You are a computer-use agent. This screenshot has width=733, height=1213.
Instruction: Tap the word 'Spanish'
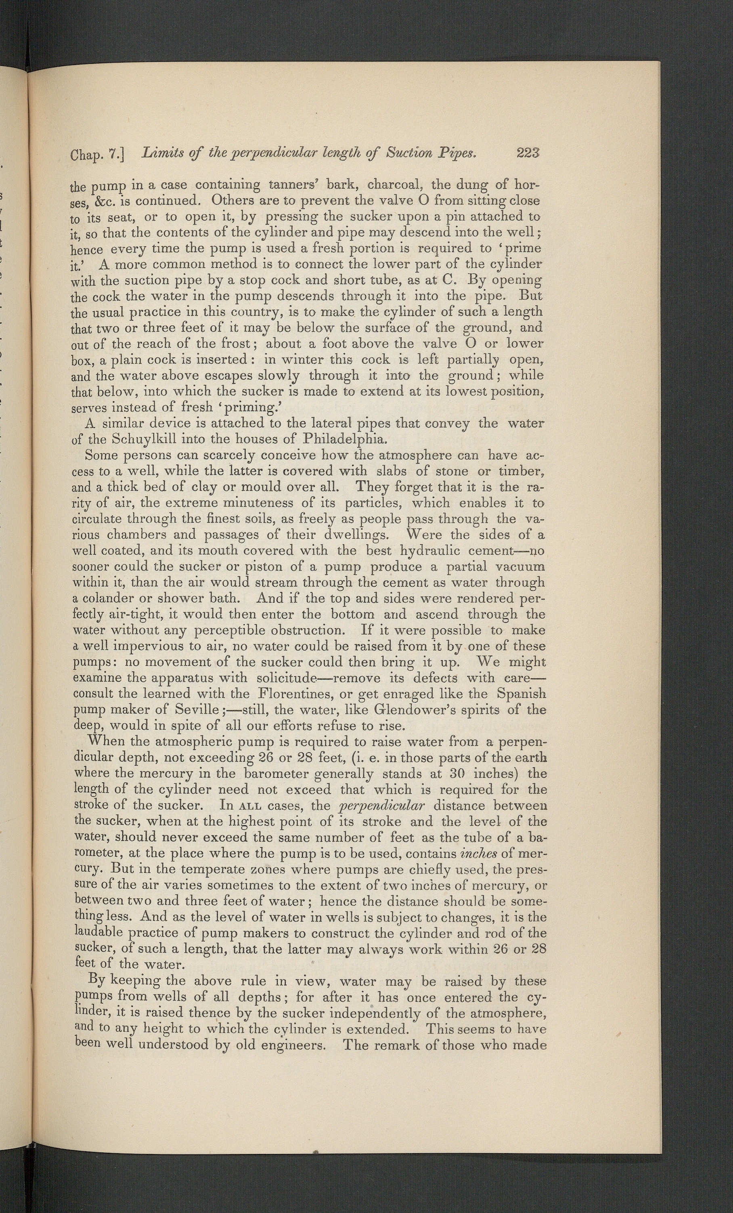(521, 693)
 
